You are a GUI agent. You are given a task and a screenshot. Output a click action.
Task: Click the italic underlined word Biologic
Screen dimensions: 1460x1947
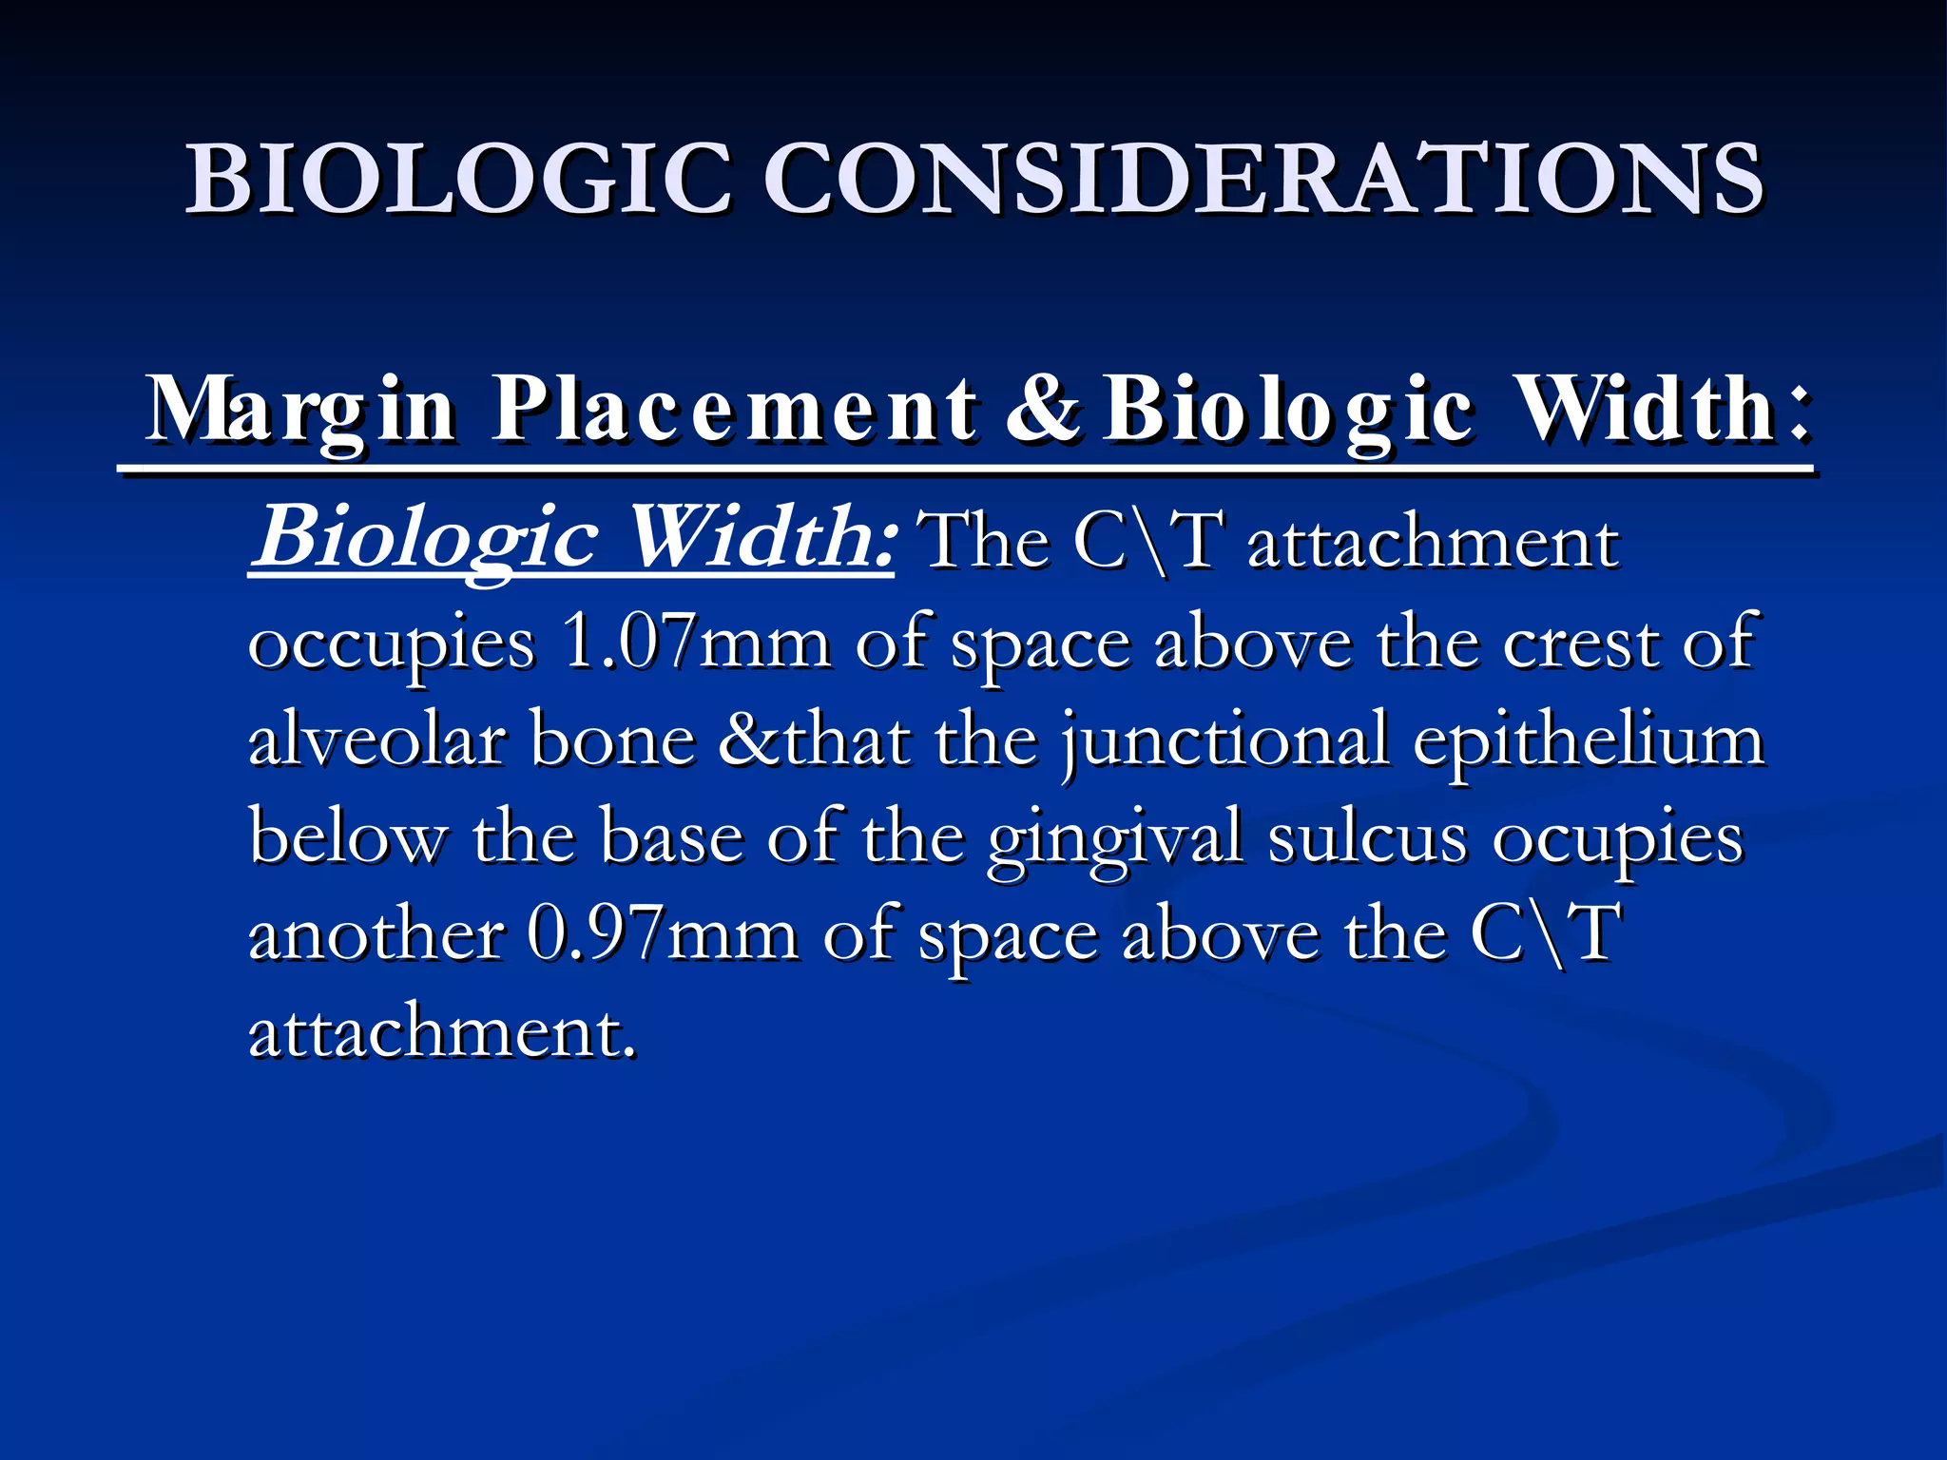point(428,538)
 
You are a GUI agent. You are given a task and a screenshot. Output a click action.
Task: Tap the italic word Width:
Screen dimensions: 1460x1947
point(761,538)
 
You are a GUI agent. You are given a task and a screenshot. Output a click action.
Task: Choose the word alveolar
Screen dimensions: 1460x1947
point(376,740)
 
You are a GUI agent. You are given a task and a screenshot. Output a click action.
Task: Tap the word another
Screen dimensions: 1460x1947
point(376,934)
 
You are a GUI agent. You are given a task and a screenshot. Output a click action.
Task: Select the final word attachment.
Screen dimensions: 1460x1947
point(441,1032)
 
